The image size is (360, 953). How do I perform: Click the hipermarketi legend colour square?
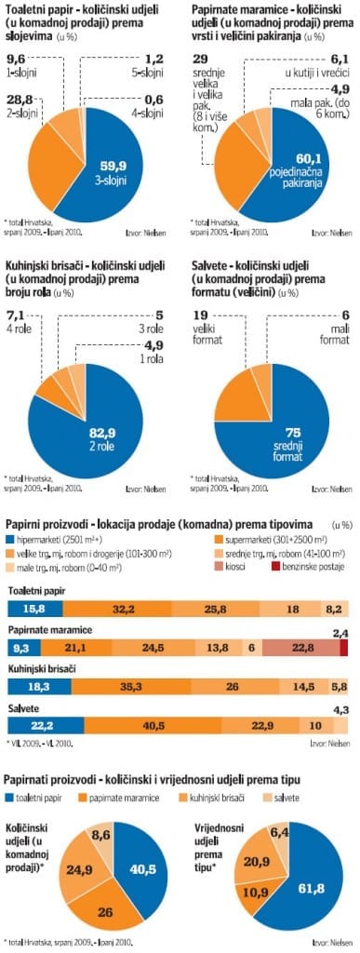pos(10,540)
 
